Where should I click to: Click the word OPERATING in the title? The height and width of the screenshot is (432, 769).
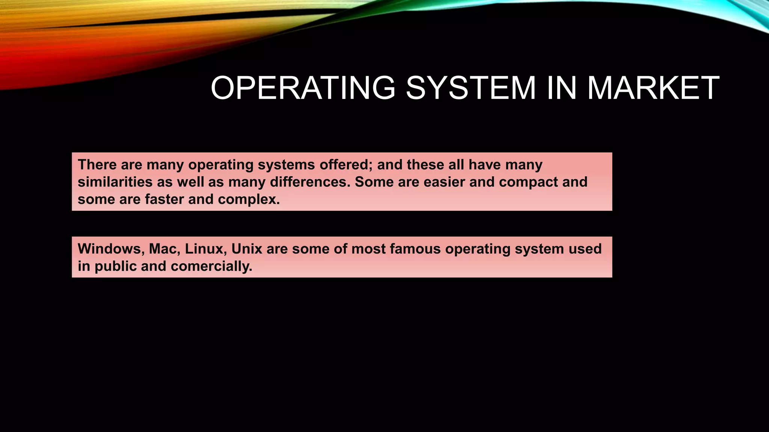coord(303,88)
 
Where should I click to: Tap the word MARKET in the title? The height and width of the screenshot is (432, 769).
coord(653,88)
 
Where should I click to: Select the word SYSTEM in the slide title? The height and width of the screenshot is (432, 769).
coord(471,88)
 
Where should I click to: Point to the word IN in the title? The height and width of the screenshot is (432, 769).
coord(561,88)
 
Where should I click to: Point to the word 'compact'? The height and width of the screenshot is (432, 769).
coord(528,182)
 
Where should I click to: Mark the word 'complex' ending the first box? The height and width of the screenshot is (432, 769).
coord(249,199)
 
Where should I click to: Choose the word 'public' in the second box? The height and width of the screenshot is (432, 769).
coord(115,266)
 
